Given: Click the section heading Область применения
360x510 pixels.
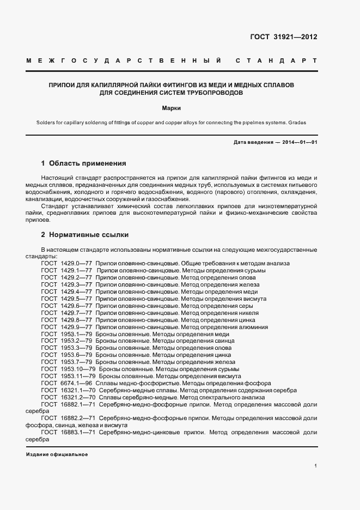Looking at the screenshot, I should click(88, 163).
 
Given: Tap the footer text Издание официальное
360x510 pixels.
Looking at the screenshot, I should click(57, 454).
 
